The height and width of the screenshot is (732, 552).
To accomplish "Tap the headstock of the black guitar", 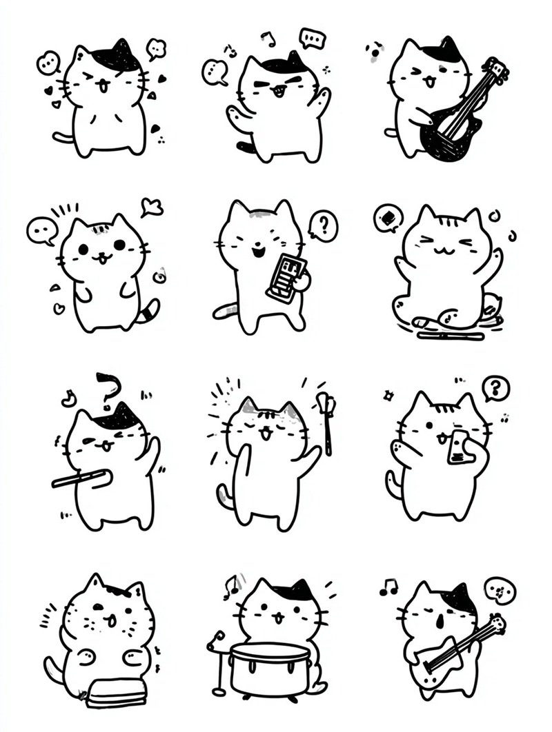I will point(499,70).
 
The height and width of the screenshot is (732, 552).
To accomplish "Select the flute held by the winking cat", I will point(81,478).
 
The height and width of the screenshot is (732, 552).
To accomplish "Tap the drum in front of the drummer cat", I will point(267,669).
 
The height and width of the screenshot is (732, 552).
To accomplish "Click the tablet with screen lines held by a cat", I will point(284,276).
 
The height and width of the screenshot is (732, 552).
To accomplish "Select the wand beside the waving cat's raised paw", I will point(325,420).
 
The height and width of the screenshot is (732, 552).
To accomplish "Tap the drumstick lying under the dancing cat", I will point(451,336).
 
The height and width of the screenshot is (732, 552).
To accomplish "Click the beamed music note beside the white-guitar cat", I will point(388,587).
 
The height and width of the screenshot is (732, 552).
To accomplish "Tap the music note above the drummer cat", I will point(230,587).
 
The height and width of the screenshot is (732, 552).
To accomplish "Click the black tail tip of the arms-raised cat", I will point(244,146).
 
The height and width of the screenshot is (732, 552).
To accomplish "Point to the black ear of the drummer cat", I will point(302,590).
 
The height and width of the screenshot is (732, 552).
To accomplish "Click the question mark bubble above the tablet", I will point(322,226).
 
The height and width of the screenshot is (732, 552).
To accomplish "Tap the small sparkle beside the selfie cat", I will point(388,395).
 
